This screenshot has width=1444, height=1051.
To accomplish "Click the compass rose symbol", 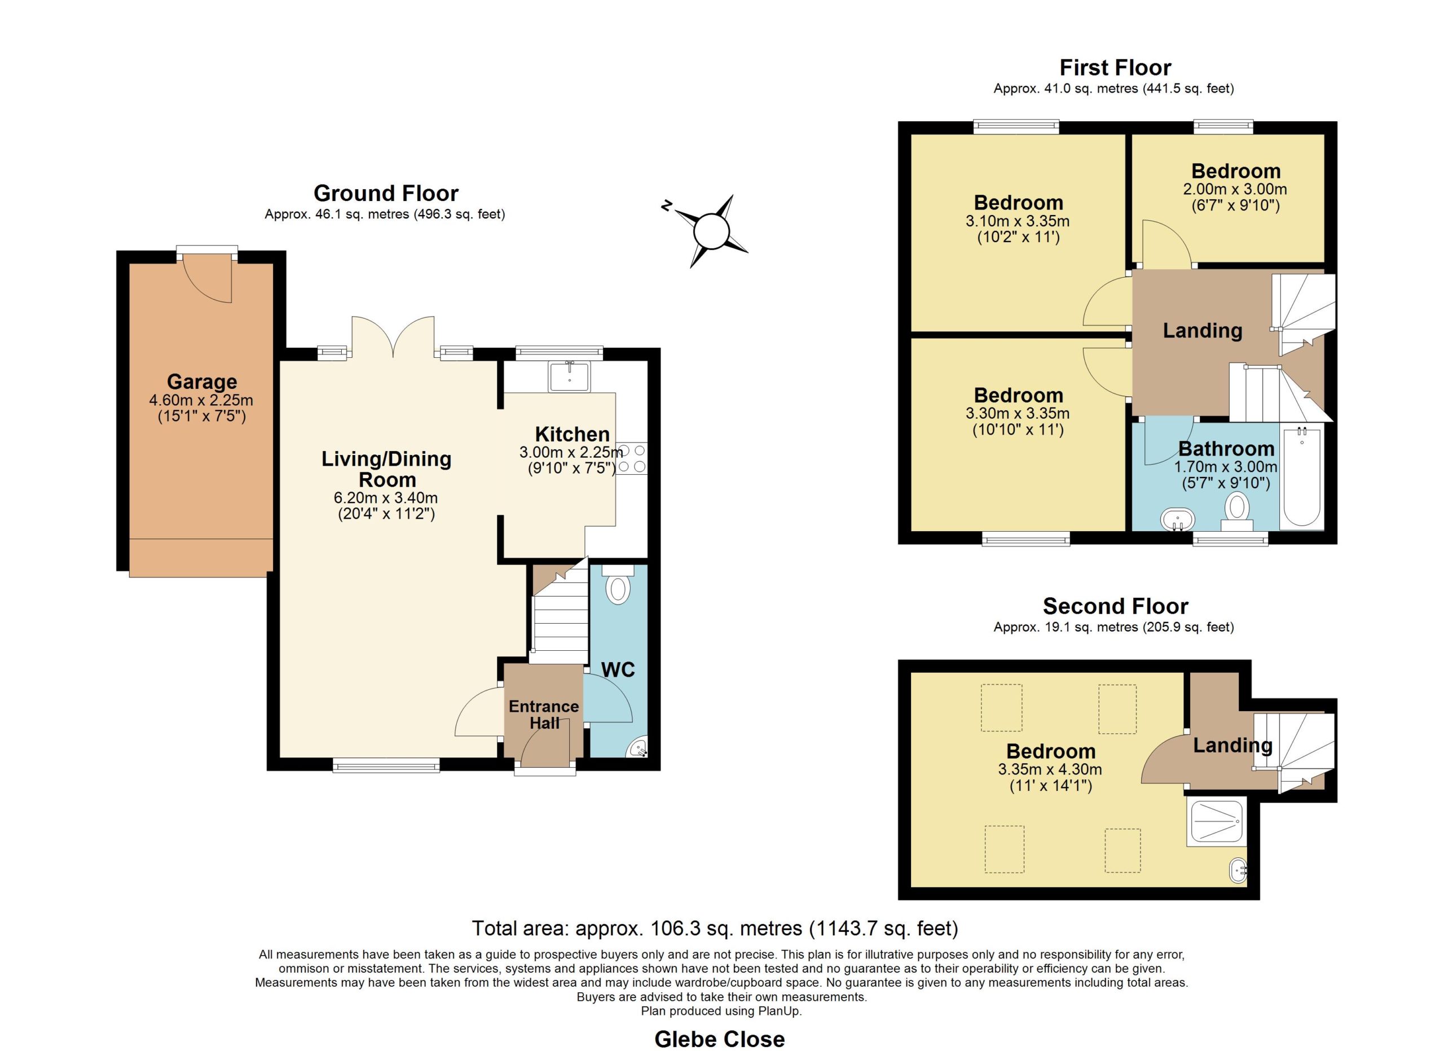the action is click(x=711, y=231).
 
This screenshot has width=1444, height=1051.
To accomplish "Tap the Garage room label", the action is click(x=202, y=382).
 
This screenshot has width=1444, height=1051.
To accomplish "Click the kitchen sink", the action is click(x=569, y=376).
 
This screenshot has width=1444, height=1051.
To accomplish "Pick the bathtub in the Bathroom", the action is click(x=1301, y=478).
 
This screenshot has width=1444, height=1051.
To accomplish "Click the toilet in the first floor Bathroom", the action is click(x=1236, y=512).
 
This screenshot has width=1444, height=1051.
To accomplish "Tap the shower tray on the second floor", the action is click(x=1216, y=823).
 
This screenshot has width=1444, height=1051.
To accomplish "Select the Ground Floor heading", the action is click(x=386, y=193).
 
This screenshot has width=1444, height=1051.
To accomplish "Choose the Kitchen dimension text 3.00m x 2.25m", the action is click(x=571, y=452).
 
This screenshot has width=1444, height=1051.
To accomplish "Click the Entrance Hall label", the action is click(x=544, y=715).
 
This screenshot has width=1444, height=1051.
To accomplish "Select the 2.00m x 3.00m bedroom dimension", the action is click(x=1235, y=189).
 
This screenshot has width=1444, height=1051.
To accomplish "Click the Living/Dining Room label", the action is click(x=386, y=469).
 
